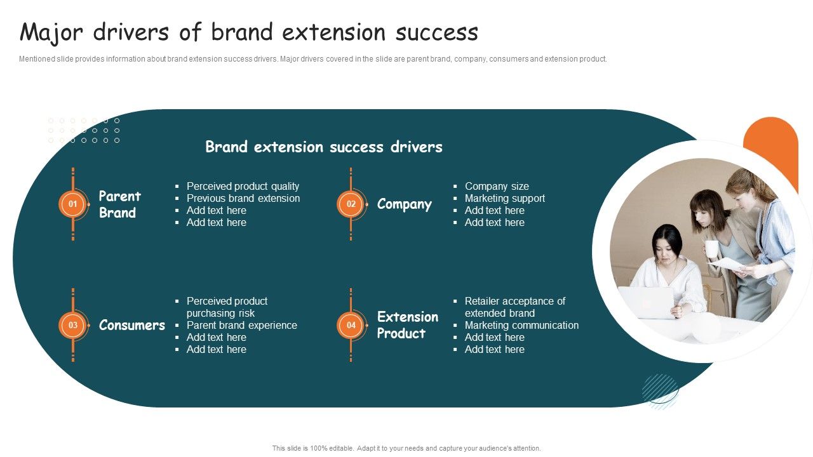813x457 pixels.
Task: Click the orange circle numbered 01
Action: (x=72, y=204)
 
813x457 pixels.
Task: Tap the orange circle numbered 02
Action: (x=351, y=204)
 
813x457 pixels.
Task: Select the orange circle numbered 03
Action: (x=72, y=325)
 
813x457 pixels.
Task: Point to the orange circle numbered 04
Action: (x=351, y=325)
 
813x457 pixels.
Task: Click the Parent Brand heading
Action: (x=119, y=204)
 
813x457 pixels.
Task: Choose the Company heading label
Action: (x=404, y=204)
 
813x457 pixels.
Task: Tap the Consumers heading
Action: (x=131, y=325)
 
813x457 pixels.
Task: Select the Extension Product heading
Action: (x=407, y=325)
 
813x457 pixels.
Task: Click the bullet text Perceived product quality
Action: (x=243, y=186)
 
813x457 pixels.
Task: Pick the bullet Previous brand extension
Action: (x=243, y=198)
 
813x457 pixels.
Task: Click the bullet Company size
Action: (x=496, y=186)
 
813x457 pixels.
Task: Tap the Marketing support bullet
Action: (x=504, y=198)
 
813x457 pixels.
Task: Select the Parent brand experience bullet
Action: (x=241, y=325)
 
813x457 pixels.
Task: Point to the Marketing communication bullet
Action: (x=521, y=325)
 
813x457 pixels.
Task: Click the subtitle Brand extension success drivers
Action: (x=324, y=147)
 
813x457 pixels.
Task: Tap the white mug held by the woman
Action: (x=712, y=249)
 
